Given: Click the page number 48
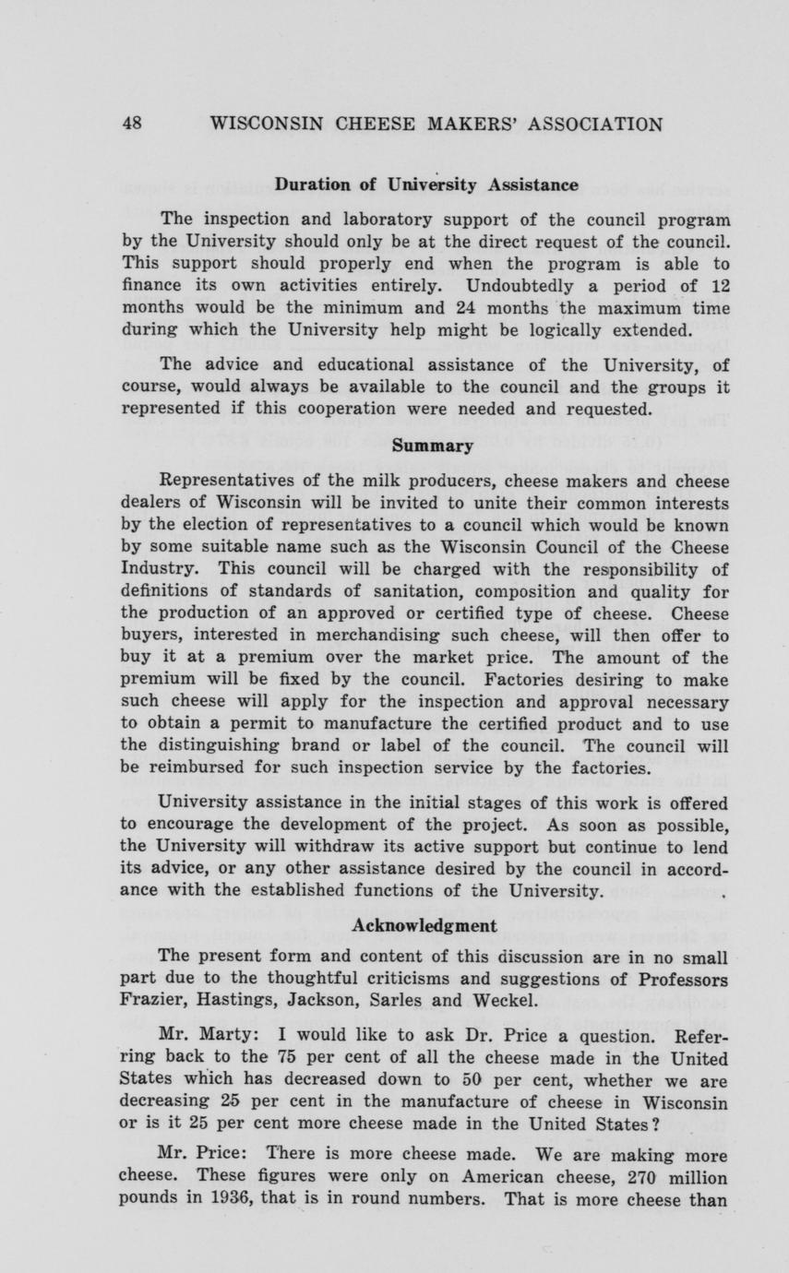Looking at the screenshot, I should tap(132, 125).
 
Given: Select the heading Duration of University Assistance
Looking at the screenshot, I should tap(426, 184).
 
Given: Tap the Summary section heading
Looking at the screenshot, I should tap(433, 446).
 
